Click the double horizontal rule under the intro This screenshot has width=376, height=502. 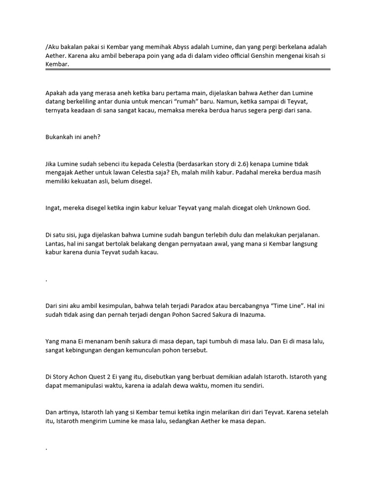click(x=188, y=70)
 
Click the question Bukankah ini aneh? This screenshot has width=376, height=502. click(x=72, y=137)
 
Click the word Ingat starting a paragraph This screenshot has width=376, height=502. click(x=54, y=208)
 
